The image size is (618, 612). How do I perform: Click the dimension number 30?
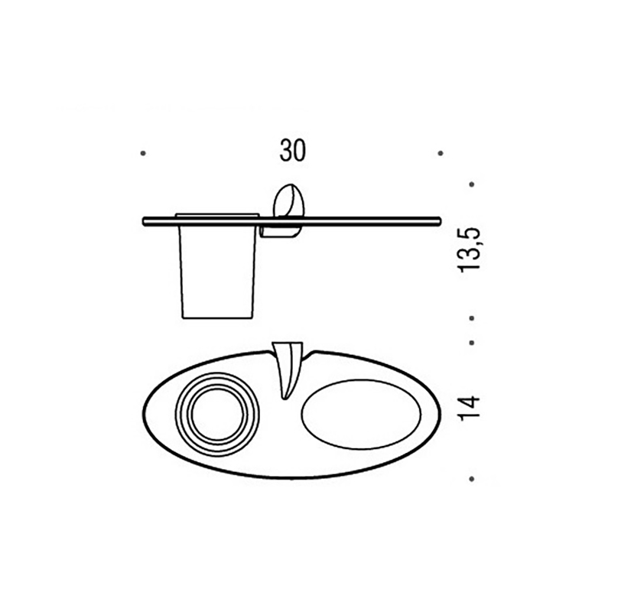pos(292,151)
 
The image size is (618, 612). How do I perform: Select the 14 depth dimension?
pos(470,408)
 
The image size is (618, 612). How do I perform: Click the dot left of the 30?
pos(143,153)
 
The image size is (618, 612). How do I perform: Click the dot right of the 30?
pos(441,153)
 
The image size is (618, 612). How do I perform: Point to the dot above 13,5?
pos(472,184)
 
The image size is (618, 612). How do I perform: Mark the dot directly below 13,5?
pos(472,317)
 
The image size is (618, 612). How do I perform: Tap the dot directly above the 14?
pos(472,343)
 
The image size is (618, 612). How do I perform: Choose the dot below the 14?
pos(472,479)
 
